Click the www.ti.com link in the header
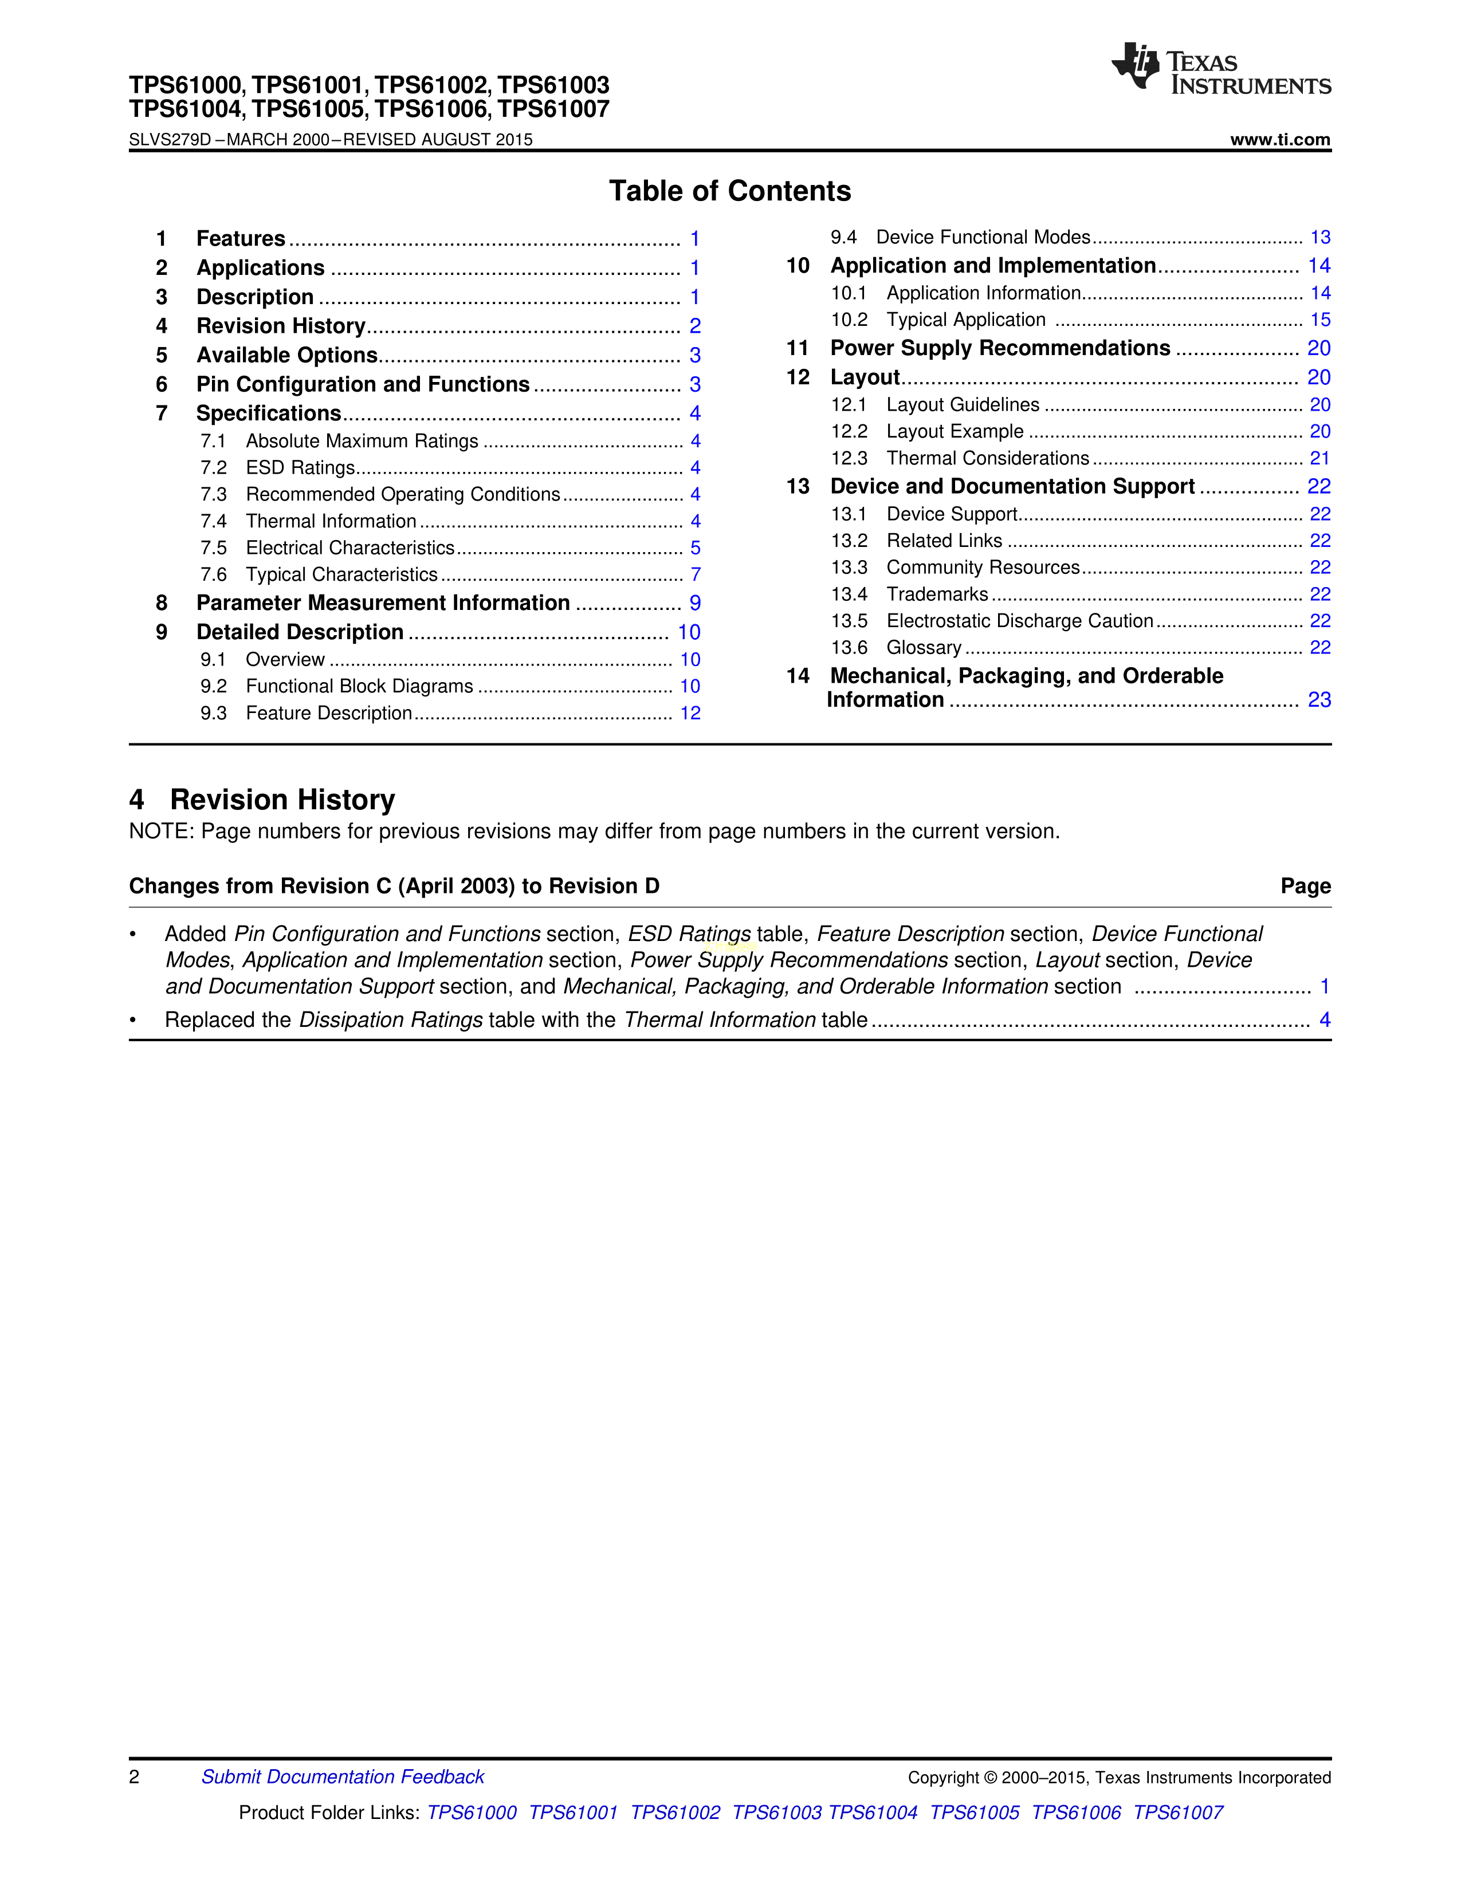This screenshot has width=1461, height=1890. tap(1279, 139)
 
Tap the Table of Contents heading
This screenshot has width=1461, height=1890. tap(729, 190)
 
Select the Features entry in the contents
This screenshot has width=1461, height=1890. tap(241, 239)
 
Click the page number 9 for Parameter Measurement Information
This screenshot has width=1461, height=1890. tap(695, 603)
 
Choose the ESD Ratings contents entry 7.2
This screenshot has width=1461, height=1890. tap(300, 468)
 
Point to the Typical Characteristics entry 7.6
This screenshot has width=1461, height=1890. tap(341, 574)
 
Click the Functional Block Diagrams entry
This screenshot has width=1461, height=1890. tap(359, 686)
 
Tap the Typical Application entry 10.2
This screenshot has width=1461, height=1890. tap(966, 320)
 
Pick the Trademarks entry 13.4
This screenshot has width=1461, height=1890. tap(937, 594)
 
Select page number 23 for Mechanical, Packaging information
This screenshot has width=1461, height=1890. tap(1319, 700)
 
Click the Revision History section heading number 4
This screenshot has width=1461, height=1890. tap(137, 800)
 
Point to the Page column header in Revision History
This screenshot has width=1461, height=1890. tap(1305, 886)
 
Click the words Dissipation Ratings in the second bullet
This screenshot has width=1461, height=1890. tap(390, 1020)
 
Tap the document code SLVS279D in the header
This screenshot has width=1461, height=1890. tap(170, 139)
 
